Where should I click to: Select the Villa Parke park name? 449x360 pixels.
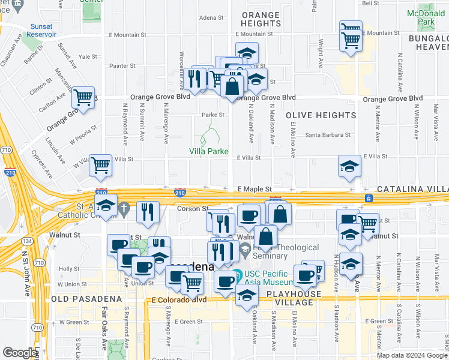209,151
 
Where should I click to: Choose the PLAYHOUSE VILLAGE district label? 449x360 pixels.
291,298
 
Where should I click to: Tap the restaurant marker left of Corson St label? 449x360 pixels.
148,211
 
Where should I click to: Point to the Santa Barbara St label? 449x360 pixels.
328,135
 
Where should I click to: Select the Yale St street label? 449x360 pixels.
88,56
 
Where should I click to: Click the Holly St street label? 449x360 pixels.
69,269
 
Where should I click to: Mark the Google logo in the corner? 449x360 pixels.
20,353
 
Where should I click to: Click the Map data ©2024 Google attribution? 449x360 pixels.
411,355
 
